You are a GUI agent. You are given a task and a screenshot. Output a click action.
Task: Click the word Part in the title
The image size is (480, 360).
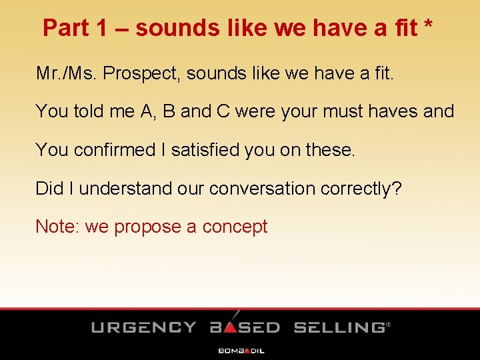click(64, 28)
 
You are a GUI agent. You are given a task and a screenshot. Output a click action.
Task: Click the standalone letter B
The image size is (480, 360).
click(169, 111)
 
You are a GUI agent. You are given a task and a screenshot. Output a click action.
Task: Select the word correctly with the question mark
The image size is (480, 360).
click(361, 189)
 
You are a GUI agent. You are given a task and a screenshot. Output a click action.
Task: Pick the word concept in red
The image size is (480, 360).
click(235, 227)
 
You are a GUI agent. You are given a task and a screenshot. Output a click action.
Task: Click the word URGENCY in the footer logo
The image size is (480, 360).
click(144, 327)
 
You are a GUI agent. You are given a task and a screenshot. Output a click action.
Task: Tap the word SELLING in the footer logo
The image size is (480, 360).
click(339, 327)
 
